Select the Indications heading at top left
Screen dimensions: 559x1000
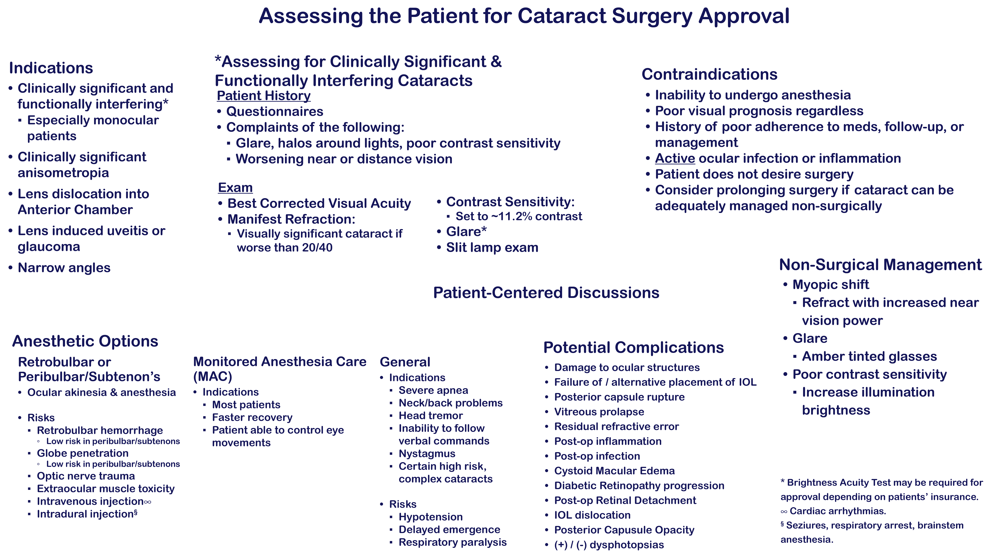(51, 68)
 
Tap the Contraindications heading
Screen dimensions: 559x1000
(709, 74)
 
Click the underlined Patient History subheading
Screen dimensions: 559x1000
(264, 95)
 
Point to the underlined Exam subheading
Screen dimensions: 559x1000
(235, 188)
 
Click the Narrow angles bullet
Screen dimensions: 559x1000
(64, 268)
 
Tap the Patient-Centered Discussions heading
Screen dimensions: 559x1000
(546, 293)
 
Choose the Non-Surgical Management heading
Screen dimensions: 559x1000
(880, 265)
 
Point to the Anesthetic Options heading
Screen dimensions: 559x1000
(85, 341)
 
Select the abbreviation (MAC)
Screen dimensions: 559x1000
(212, 377)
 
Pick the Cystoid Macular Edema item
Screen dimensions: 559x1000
(614, 471)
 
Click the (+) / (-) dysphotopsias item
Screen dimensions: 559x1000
(609, 545)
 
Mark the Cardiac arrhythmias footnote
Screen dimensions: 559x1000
(837, 511)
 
